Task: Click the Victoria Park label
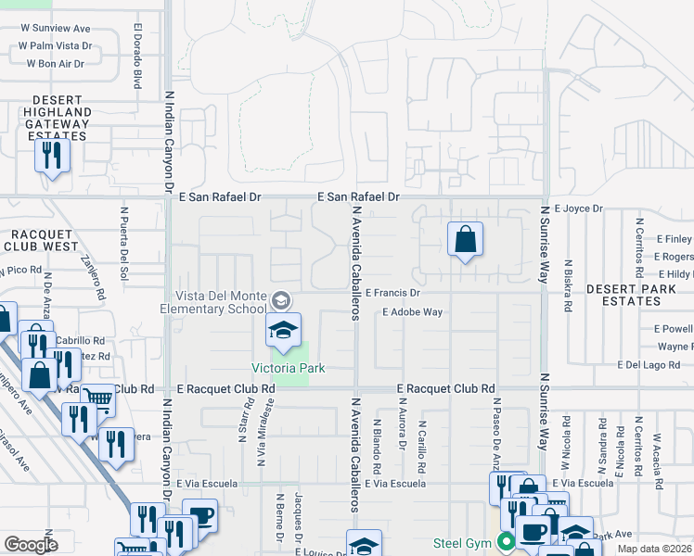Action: tap(289, 368)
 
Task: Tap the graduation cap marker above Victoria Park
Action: tap(284, 331)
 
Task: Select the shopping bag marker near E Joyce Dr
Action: tap(465, 240)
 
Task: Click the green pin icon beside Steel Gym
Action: tap(506, 541)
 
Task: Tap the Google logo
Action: tap(31, 544)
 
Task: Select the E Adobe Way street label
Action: tap(413, 312)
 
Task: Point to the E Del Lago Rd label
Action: tap(655, 365)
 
